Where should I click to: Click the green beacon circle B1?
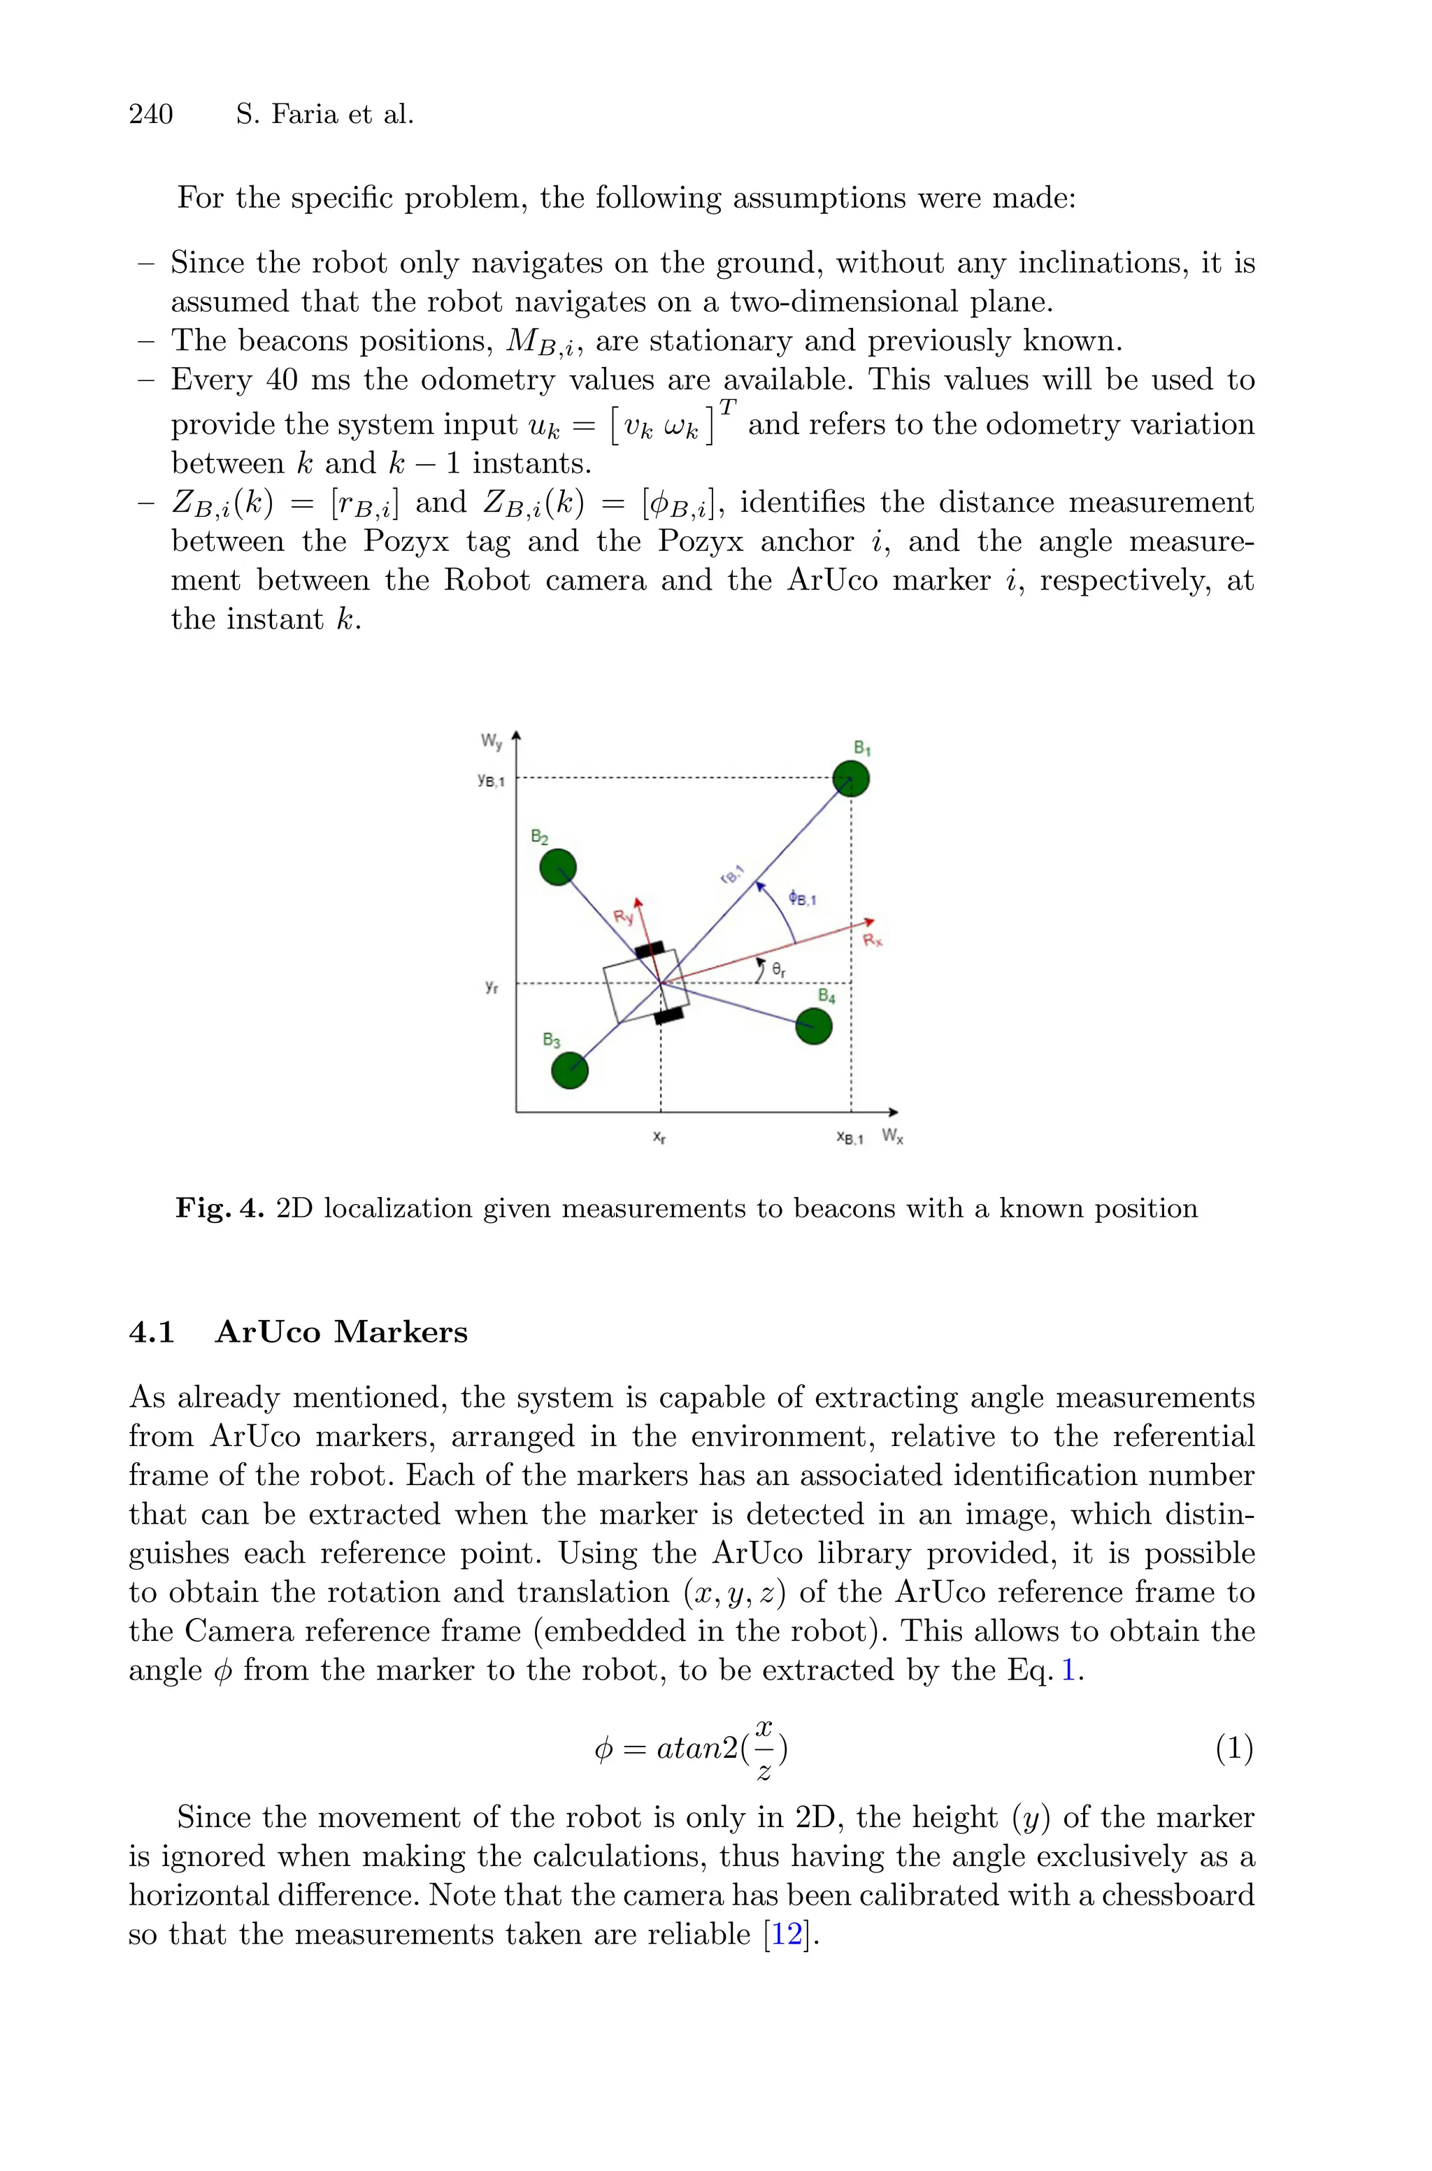(851, 779)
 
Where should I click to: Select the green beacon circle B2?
(558, 866)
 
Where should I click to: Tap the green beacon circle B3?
(570, 1070)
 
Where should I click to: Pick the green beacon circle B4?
(814, 1026)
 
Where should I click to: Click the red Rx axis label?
(873, 940)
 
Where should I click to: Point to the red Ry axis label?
(623, 917)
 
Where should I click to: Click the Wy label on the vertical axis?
(492, 741)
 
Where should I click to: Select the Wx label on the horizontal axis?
(892, 1137)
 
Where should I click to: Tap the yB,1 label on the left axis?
(490, 780)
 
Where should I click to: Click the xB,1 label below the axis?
(850, 1138)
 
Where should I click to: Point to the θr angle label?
(778, 971)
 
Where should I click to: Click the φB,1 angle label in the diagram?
(803, 898)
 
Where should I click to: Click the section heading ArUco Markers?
(341, 1332)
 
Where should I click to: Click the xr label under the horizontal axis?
(659, 1138)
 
